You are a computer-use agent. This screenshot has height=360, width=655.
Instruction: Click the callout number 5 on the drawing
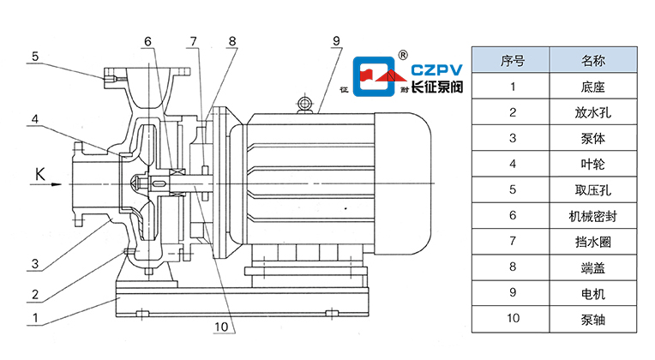36,57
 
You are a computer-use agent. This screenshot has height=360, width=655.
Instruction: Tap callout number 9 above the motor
336,39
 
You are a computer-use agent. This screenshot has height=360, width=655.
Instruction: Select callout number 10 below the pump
221,327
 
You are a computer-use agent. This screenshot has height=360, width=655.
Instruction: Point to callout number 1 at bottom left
35,318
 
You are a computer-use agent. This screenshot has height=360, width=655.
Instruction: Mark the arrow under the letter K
50,183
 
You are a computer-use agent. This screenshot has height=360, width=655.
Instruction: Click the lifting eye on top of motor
303,105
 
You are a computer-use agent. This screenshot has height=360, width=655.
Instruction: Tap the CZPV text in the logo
437,68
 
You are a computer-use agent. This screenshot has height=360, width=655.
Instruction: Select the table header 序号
512,61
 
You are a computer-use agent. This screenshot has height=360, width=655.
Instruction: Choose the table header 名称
593,61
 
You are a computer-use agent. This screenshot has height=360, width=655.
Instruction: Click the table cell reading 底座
593,86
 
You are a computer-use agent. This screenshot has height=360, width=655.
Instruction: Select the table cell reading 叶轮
593,164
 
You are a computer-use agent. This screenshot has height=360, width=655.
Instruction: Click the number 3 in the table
512,138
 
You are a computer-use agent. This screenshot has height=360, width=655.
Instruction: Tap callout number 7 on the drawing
194,40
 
